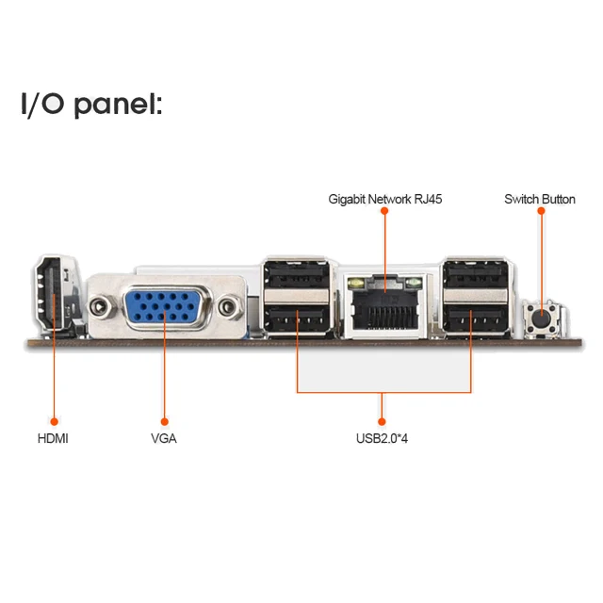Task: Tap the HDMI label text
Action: tap(53, 438)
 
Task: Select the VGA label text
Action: tap(163, 438)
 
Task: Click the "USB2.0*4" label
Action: tap(382, 438)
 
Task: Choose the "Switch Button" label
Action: tap(540, 199)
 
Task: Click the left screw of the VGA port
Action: tap(101, 306)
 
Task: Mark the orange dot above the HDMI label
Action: tap(54, 420)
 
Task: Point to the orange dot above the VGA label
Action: tap(164, 420)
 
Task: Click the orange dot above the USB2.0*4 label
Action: tap(383, 420)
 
